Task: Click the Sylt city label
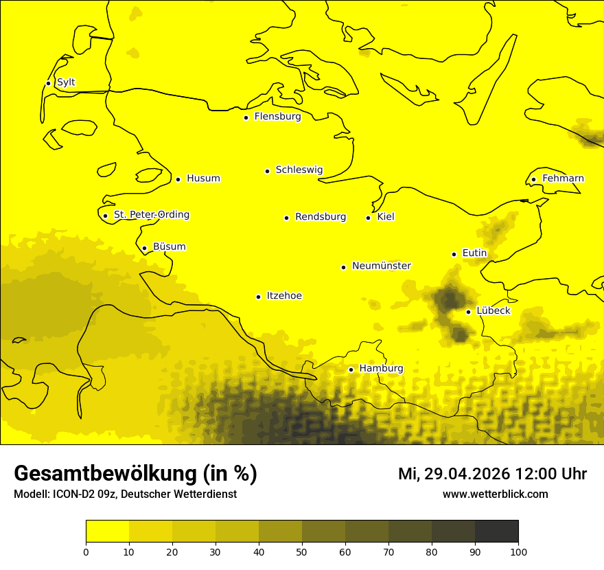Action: pos(66,82)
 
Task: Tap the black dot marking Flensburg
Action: pos(246,117)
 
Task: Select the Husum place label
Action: pos(203,179)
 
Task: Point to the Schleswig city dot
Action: pos(267,171)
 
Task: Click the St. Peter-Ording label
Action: pos(152,215)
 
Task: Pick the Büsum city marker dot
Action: pos(144,249)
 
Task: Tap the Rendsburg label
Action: pos(321,217)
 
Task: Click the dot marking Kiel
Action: pos(368,218)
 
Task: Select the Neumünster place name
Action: pos(382,266)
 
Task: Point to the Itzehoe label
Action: pos(284,296)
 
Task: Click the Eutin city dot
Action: pos(454,254)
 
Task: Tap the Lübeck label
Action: pos(493,311)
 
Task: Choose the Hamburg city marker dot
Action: pos(351,369)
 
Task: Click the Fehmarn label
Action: pos(563,179)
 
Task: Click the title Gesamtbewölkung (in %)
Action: pos(135,474)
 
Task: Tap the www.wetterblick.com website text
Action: pos(495,494)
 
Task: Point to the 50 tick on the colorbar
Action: pos(302,551)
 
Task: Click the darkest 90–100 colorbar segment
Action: pos(496,532)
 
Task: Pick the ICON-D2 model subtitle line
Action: pos(125,494)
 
